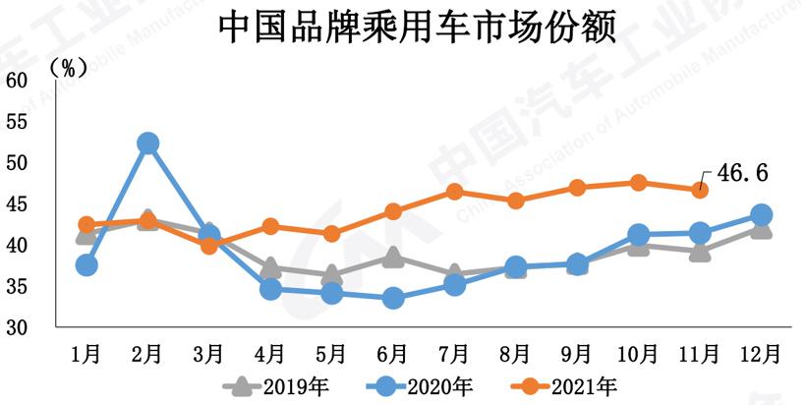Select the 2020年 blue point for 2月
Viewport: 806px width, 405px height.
pos(148,144)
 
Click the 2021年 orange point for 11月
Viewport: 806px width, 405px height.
pos(700,190)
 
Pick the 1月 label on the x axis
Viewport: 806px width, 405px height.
pos(86,351)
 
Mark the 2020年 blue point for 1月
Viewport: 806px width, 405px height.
pos(86,264)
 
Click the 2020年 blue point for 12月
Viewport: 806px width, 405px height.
pos(761,214)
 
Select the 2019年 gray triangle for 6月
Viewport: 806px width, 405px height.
pos(393,258)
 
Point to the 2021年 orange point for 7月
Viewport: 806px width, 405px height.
pos(454,192)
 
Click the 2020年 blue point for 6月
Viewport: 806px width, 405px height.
pos(393,298)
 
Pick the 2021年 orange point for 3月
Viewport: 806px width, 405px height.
pos(209,246)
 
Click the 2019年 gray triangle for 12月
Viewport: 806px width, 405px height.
pos(761,229)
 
